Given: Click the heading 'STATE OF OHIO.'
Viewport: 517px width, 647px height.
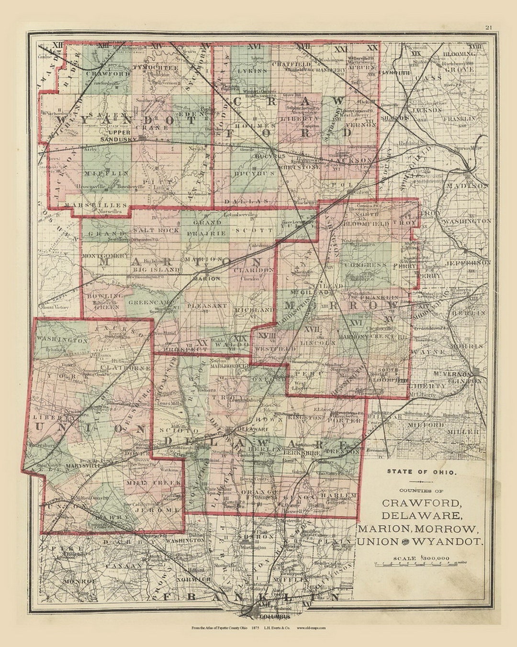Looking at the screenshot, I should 422,472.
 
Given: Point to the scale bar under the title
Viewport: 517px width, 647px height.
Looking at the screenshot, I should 421,565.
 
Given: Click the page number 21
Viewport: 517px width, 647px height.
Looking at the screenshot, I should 488,27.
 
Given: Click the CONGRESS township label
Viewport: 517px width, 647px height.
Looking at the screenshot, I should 366,265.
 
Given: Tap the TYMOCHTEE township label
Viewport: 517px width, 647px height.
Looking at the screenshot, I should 156,68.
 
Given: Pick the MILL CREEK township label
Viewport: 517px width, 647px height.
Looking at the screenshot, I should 153,483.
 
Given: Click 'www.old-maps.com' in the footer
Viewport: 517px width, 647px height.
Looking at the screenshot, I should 311,628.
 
